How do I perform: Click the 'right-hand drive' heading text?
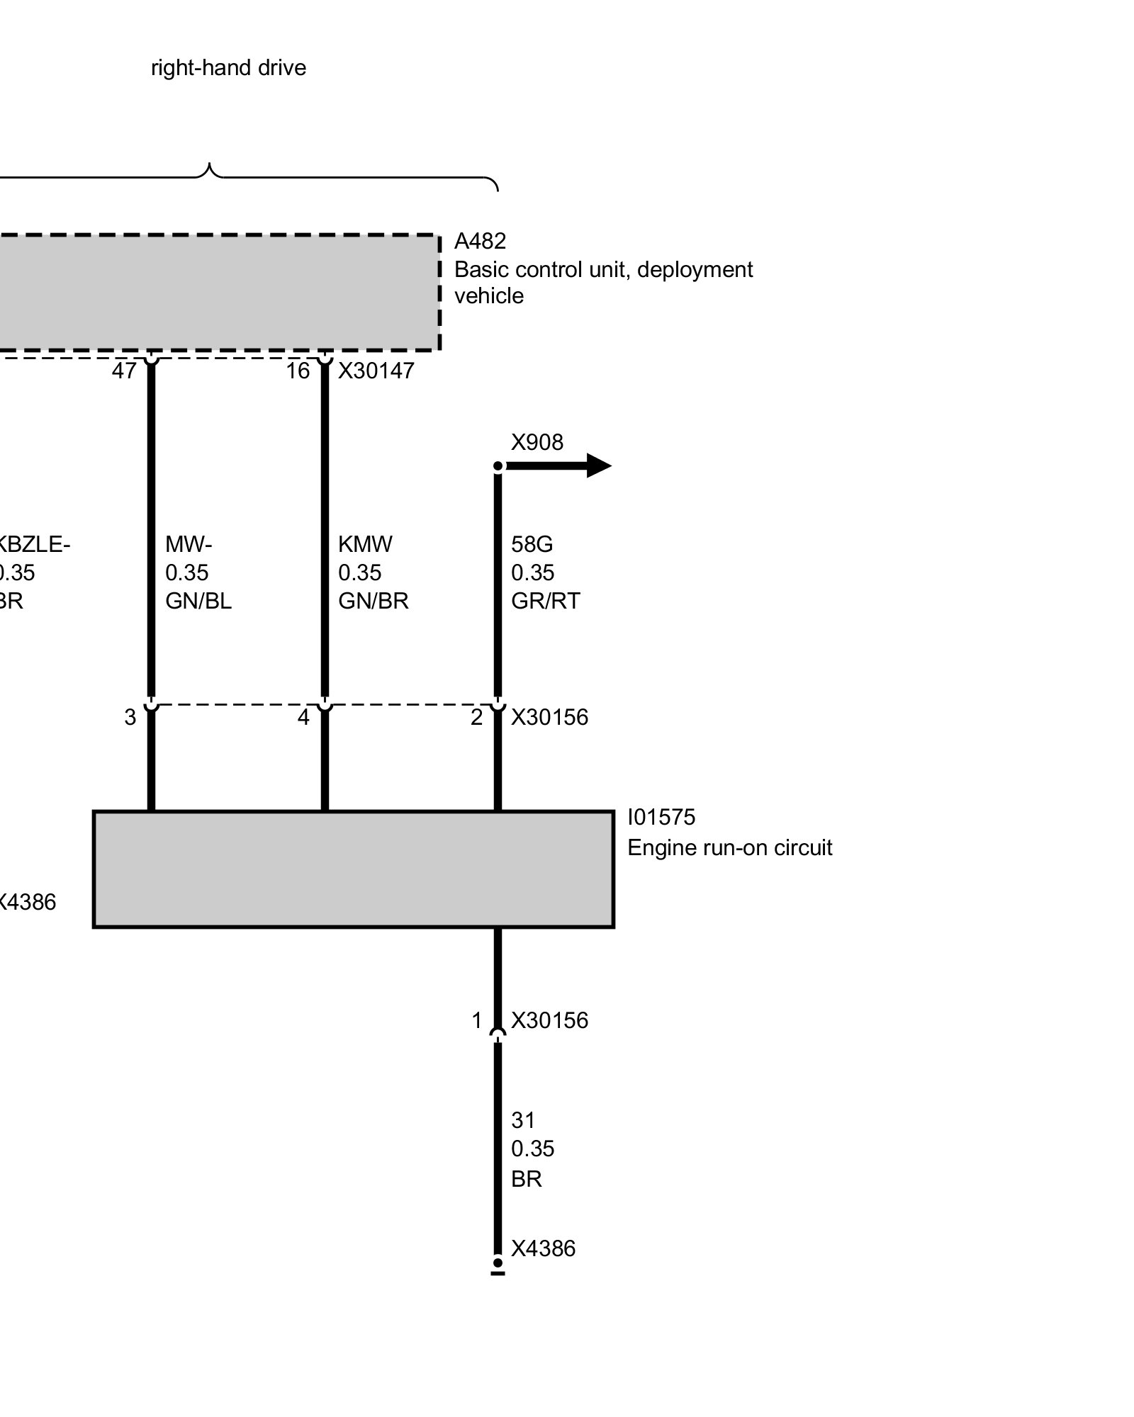pos(228,68)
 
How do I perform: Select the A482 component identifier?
pos(480,242)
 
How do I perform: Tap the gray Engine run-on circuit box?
pos(353,869)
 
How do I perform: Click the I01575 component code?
pos(661,817)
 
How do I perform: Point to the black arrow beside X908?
pos(560,465)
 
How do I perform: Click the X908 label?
pos(537,442)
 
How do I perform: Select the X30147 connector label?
pos(376,371)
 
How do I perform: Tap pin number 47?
pos(124,371)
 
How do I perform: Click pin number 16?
pos(298,371)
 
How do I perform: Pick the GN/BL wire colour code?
pos(198,601)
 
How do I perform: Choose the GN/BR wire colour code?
pos(373,601)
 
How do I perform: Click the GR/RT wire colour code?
pos(545,601)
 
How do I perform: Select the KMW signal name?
pos(365,544)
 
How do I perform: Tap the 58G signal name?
pos(532,544)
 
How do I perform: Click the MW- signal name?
pos(189,544)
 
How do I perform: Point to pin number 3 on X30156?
pos(130,717)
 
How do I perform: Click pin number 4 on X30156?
pos(303,717)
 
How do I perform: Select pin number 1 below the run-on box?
pos(477,1020)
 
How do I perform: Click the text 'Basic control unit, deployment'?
pos(603,269)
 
